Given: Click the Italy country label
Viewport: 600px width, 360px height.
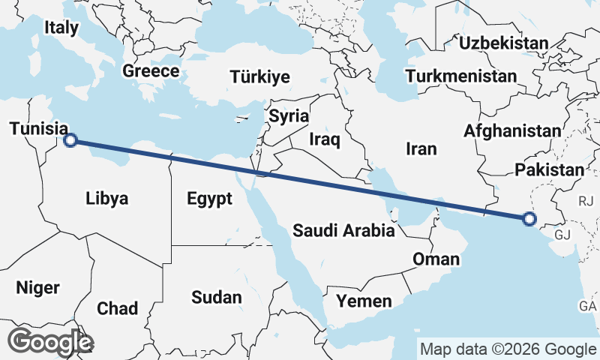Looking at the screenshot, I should click(x=61, y=28).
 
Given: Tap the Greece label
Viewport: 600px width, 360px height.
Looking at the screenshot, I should click(x=151, y=71).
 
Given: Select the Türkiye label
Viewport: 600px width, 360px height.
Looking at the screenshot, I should click(x=260, y=77).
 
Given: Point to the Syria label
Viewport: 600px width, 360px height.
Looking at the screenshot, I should click(x=289, y=116).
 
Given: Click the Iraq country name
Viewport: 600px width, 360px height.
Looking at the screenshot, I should click(x=325, y=139).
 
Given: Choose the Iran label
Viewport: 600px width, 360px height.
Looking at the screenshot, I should click(x=421, y=149).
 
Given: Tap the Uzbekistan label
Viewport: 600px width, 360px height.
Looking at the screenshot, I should click(x=504, y=43).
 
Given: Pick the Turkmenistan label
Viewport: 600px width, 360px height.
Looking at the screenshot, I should click(x=460, y=76).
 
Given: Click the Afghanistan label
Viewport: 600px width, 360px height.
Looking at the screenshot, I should click(x=512, y=130).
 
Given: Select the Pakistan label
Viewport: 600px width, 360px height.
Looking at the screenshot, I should click(x=549, y=170).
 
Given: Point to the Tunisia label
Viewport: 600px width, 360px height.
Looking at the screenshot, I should click(x=36, y=130).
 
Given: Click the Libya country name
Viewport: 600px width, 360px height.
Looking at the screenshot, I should click(x=107, y=199).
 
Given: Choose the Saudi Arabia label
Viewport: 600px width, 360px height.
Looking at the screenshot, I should click(x=343, y=230).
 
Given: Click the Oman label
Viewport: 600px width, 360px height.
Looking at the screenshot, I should click(x=436, y=259).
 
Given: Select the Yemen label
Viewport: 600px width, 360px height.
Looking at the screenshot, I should click(x=364, y=301).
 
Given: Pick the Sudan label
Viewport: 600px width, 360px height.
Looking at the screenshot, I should click(x=217, y=297).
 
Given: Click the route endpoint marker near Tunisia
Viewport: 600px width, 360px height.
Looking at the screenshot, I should click(x=70, y=139).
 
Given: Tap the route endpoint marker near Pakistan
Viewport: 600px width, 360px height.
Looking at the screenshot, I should click(x=529, y=220).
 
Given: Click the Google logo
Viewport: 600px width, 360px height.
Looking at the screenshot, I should click(x=49, y=341).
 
